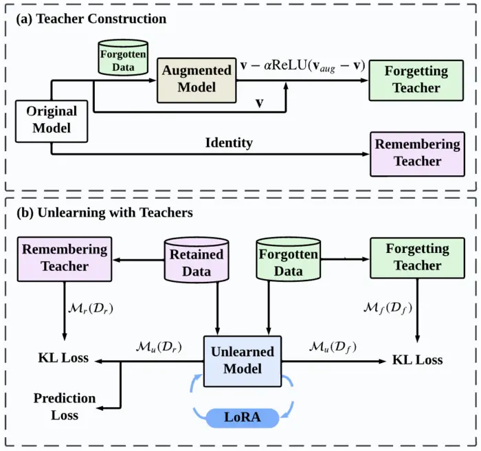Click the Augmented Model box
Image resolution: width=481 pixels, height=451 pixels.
(197, 80)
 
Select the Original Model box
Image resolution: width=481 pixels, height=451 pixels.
(52, 121)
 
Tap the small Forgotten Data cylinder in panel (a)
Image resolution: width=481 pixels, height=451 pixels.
(123, 58)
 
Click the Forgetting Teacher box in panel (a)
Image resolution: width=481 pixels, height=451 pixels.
(416, 80)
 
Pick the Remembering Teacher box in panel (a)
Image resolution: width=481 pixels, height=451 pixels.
(418, 154)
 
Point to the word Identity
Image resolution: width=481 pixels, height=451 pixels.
(229, 143)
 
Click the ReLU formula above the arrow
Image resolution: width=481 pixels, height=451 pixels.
(302, 66)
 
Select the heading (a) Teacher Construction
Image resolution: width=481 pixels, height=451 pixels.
(91, 19)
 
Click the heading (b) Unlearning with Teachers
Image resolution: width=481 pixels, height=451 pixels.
(104, 212)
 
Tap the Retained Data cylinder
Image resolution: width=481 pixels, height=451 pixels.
(197, 260)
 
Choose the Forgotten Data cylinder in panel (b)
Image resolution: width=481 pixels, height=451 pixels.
(289, 259)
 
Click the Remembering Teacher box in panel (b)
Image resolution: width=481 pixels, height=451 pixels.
(65, 259)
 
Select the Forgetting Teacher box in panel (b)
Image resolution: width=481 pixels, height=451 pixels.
(418, 258)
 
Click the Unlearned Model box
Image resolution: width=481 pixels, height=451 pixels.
(243, 361)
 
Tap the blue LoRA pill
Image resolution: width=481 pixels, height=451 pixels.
(243, 417)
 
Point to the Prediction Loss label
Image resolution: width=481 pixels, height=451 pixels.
(65, 407)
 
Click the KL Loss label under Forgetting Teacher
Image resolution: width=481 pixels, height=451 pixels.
(418, 360)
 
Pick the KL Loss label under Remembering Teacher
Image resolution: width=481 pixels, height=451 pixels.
(63, 358)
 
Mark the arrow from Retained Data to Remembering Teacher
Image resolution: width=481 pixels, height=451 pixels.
(139, 261)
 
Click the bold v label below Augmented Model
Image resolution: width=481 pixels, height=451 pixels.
(260, 102)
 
